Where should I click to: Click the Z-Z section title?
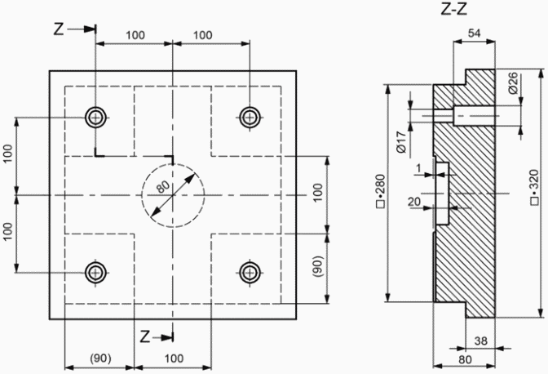tap(454, 9)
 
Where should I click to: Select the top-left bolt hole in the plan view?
tap(95, 118)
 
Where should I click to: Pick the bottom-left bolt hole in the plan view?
tap(95, 272)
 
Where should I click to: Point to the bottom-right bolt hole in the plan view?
tap(250, 272)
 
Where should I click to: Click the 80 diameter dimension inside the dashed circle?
tap(163, 187)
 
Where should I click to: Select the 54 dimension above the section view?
tap(475, 33)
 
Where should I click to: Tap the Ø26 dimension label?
tap(513, 83)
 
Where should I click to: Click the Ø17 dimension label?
tap(401, 142)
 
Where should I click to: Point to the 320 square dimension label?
tap(534, 186)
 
